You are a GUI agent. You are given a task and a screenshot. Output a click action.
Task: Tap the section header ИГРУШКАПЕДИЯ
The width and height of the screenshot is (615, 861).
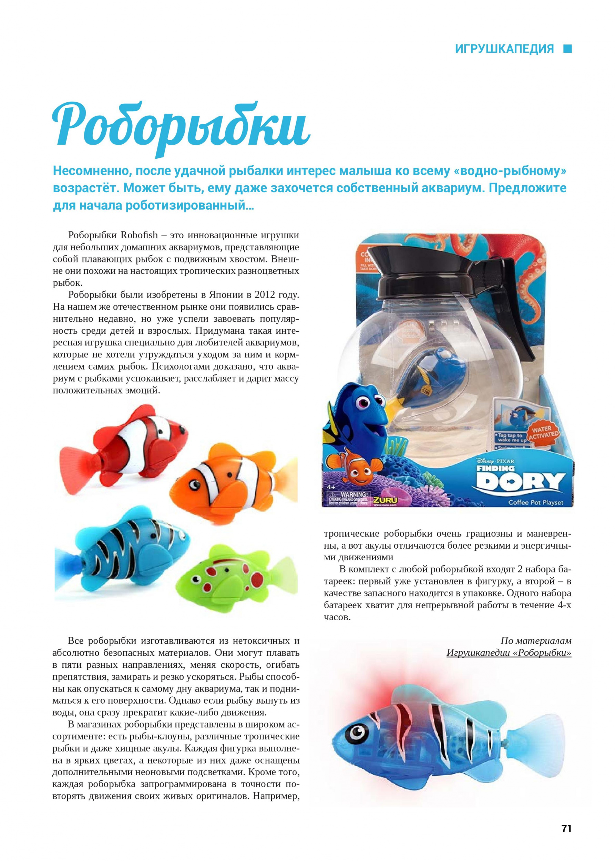coord(504,49)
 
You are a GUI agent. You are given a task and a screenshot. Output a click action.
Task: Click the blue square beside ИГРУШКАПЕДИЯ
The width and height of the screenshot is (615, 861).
coord(567,49)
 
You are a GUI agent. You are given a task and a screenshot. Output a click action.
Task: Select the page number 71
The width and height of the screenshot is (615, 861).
coord(566,818)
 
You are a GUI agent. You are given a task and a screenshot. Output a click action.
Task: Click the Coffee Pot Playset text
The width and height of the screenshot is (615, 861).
coord(535,502)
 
